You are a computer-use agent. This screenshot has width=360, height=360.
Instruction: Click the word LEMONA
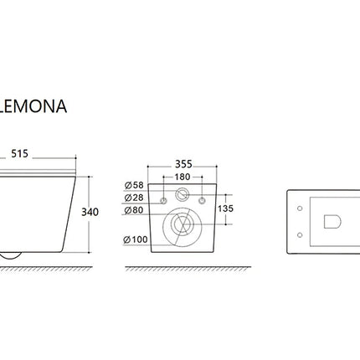tap(33, 106)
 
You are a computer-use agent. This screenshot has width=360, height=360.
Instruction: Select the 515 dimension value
tap(19, 153)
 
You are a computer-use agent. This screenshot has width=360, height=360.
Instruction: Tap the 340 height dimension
tap(90, 212)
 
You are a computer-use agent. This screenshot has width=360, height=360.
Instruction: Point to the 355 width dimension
tap(183, 164)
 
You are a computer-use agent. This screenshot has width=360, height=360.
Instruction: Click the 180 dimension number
tap(183, 177)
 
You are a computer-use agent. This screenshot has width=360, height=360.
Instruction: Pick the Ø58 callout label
tap(134, 185)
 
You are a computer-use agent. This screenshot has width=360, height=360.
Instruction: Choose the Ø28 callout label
tap(134, 198)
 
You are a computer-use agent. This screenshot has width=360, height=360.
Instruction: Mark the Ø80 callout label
tap(134, 210)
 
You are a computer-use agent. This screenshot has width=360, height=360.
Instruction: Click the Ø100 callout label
tap(136, 239)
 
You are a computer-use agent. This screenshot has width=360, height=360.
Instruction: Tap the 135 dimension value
tap(225, 208)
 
